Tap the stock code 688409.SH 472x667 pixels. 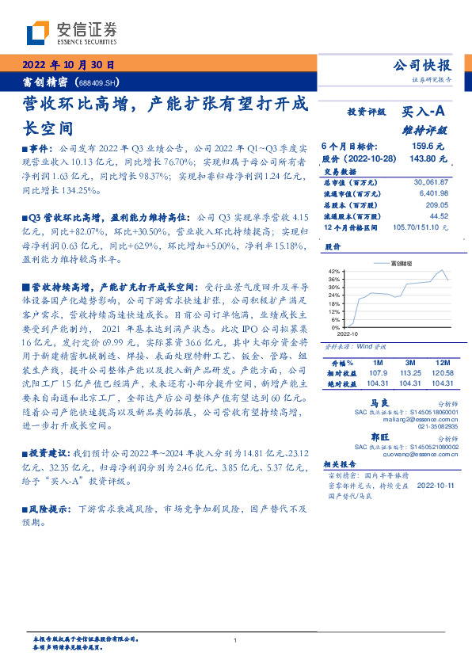(98, 82)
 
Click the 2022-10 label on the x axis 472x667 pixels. (348, 334)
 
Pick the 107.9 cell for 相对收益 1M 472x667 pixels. (378, 372)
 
